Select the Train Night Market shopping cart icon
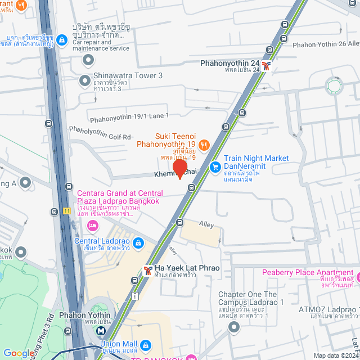(215, 167)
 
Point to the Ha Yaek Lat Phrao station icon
(147, 271)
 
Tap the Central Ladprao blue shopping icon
(138, 244)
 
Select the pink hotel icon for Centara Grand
(93, 226)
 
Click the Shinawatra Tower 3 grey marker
(84, 80)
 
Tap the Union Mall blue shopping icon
(145, 344)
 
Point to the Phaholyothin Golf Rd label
(100, 133)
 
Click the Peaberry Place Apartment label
(311, 273)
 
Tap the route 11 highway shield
(66, 211)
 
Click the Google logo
(19, 353)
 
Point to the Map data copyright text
(335, 355)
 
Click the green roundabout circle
(334, 86)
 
